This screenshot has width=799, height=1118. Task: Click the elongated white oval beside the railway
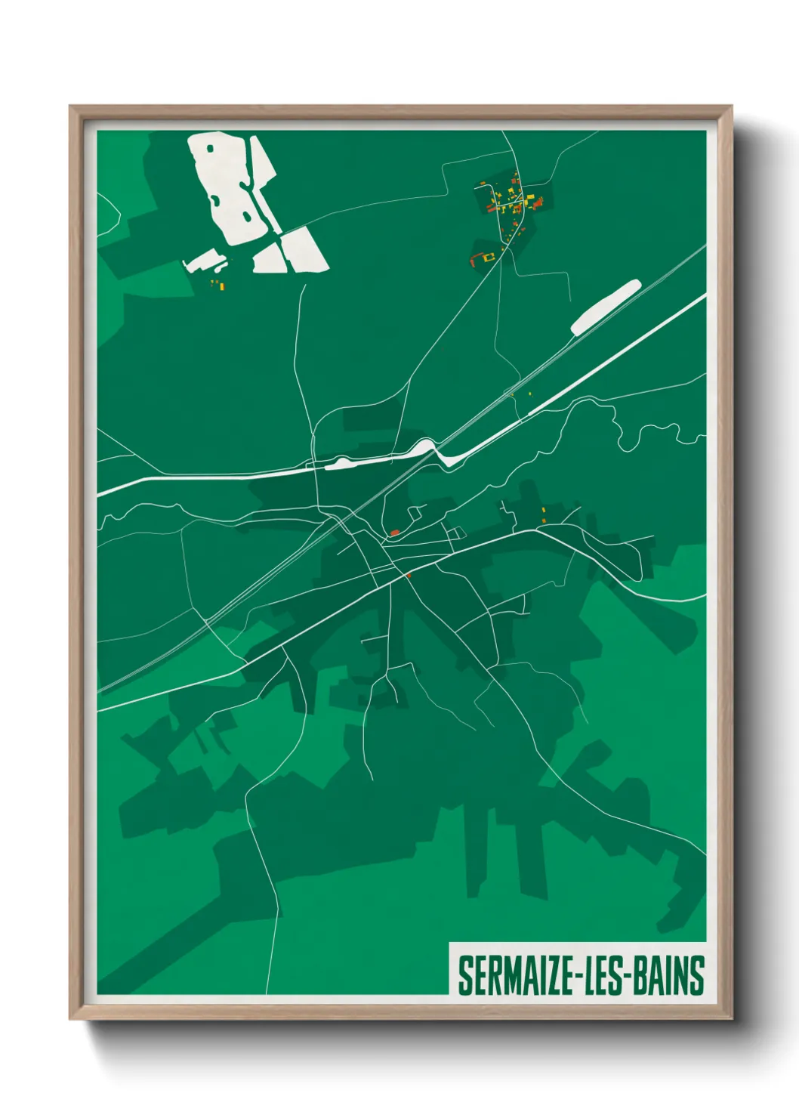606,306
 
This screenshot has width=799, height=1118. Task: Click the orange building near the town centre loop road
394,533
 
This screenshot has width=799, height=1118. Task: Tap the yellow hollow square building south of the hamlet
489,257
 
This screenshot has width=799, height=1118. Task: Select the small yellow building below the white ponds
222,286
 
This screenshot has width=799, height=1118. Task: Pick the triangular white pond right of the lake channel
304,249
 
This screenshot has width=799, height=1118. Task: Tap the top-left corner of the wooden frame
70,107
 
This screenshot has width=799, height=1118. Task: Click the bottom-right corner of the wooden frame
731,1018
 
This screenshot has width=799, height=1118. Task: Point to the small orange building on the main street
408,576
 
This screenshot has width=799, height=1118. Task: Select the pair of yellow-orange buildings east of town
544,515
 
